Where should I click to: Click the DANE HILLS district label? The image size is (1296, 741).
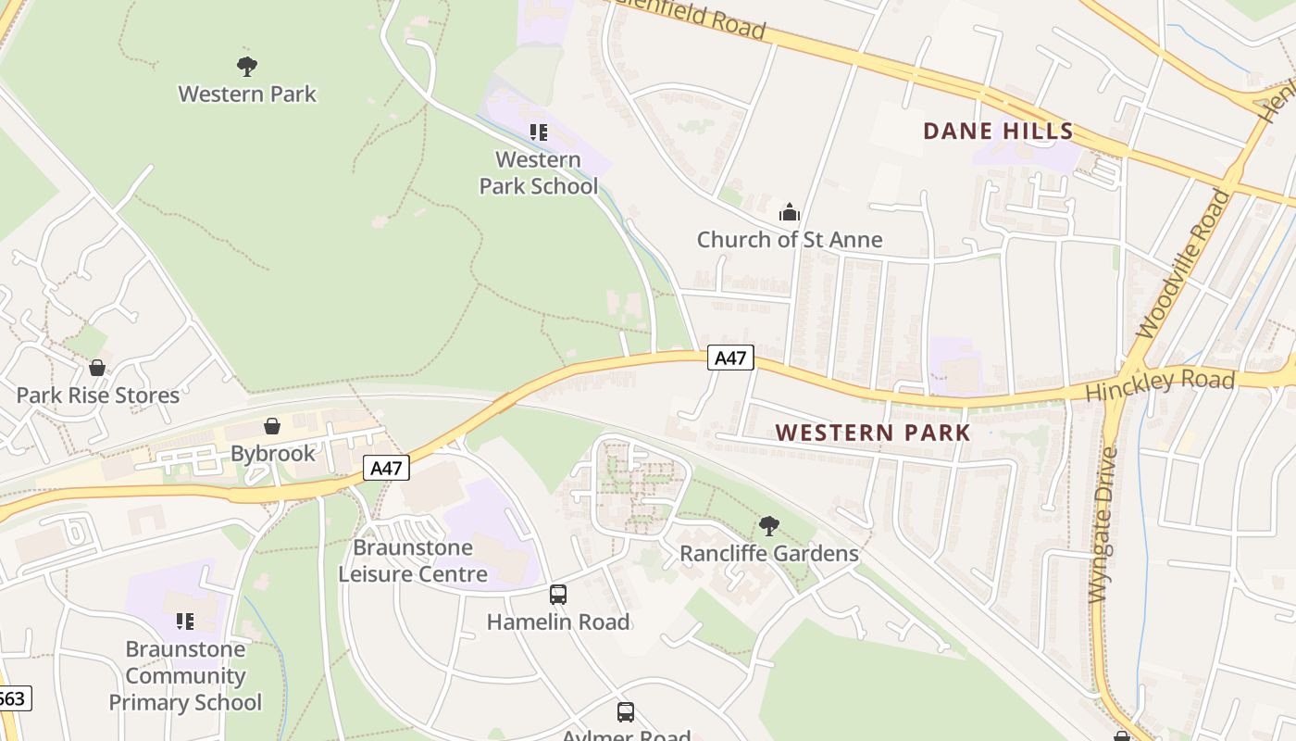click(998, 131)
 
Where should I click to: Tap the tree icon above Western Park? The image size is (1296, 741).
click(246, 67)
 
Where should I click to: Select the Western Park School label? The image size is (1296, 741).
click(538, 173)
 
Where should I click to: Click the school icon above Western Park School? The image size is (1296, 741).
click(538, 132)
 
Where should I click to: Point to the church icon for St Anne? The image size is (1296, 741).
click(789, 212)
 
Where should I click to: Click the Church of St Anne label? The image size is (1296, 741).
click(789, 240)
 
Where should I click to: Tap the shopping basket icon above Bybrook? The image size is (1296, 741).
click(272, 426)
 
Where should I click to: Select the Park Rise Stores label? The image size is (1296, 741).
click(97, 396)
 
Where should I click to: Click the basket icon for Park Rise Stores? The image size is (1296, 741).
click(97, 368)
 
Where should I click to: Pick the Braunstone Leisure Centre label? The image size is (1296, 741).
click(412, 561)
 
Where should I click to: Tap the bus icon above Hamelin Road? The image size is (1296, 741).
click(558, 595)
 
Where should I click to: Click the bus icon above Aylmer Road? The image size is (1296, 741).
click(626, 711)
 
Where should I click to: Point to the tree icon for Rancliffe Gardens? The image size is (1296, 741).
click(768, 526)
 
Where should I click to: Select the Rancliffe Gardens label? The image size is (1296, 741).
click(768, 554)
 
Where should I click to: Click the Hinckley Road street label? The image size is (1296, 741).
click(1159, 384)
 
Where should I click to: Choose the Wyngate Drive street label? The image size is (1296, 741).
click(1103, 524)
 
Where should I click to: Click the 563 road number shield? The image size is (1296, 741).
click(13, 698)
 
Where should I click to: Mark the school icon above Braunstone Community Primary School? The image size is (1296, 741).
click(185, 621)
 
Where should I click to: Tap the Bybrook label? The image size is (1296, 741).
click(272, 454)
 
